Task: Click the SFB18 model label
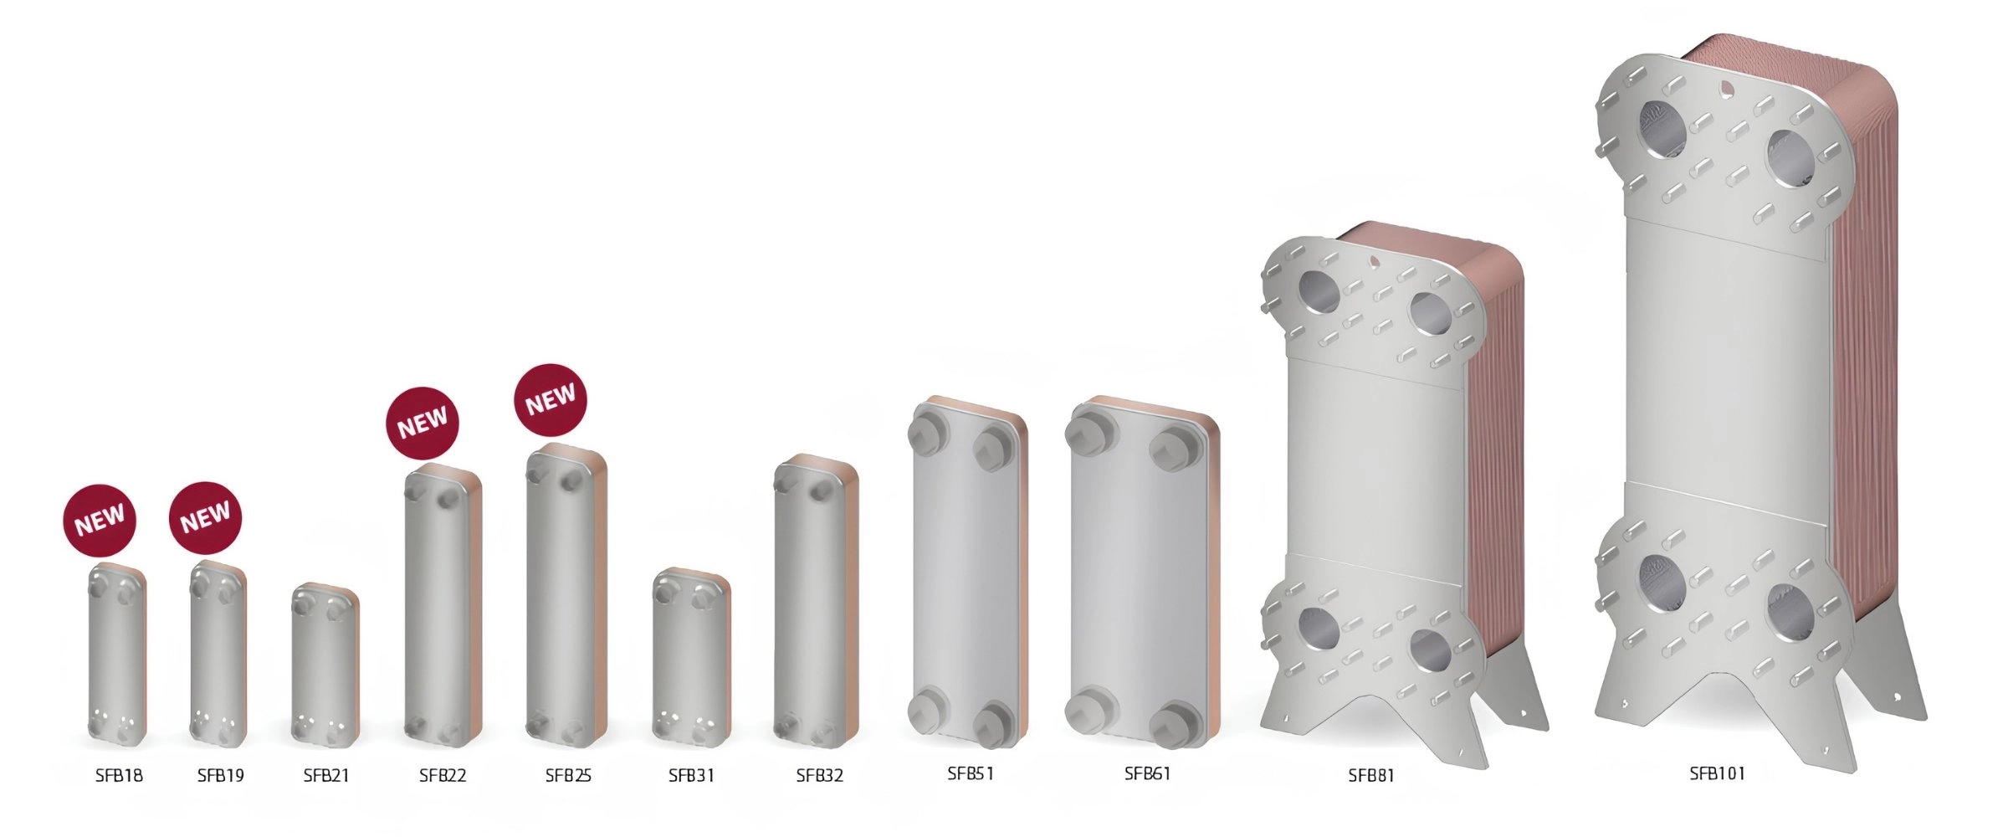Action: tap(119, 776)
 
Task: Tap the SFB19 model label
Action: tap(221, 776)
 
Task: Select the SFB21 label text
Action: tap(326, 776)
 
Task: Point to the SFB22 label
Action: tap(443, 776)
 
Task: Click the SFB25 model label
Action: tap(568, 776)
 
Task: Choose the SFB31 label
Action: tap(692, 776)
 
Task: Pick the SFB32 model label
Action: tap(820, 776)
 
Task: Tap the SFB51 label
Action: tap(971, 773)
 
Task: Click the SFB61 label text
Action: tap(1147, 773)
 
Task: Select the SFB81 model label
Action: tap(1371, 776)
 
